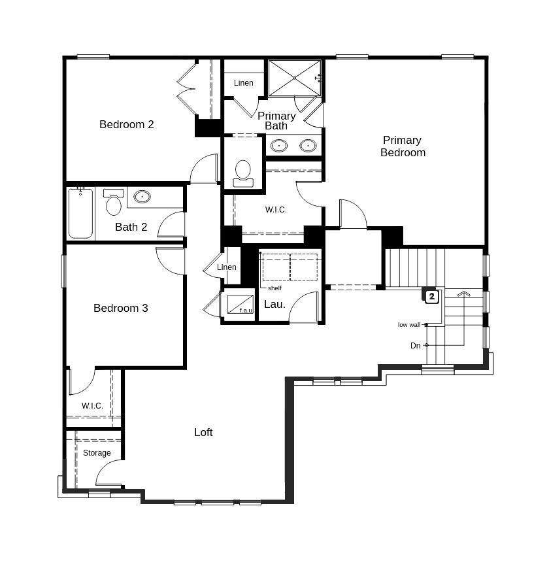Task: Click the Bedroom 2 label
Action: (126, 124)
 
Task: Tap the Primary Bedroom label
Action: (403, 146)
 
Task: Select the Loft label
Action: (203, 432)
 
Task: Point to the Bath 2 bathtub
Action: (81, 213)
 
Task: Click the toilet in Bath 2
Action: (114, 203)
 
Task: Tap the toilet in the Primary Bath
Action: (243, 172)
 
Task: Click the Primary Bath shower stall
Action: (294, 78)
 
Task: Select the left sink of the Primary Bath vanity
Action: (279, 145)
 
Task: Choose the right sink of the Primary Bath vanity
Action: (308, 145)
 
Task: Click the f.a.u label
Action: (246, 311)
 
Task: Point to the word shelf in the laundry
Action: (274, 288)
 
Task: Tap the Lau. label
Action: (274, 304)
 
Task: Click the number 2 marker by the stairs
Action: (431, 297)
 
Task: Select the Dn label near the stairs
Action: (415, 346)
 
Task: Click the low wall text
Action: (409, 325)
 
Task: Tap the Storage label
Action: (97, 453)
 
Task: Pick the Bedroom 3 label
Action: (120, 308)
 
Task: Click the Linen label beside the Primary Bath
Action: (243, 83)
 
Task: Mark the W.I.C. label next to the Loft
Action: (92, 406)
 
